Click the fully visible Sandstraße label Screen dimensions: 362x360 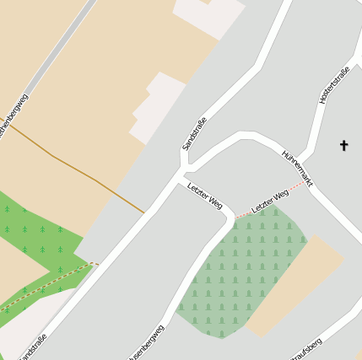[194, 133]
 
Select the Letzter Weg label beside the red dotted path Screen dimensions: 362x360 [270, 200]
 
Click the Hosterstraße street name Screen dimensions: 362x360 [334, 86]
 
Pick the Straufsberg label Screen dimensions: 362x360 [305, 347]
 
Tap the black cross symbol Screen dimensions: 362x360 [343, 146]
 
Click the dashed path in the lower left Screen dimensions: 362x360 [51, 282]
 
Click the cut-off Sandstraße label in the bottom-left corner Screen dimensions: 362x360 [32, 347]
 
